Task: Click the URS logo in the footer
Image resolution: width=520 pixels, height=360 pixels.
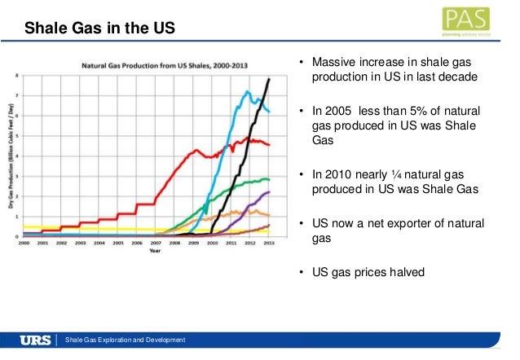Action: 37,339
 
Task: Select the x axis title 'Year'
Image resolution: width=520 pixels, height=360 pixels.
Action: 154,251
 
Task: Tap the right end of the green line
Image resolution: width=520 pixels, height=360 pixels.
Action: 270,179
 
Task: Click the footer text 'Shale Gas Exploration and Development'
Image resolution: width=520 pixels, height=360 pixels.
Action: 126,339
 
